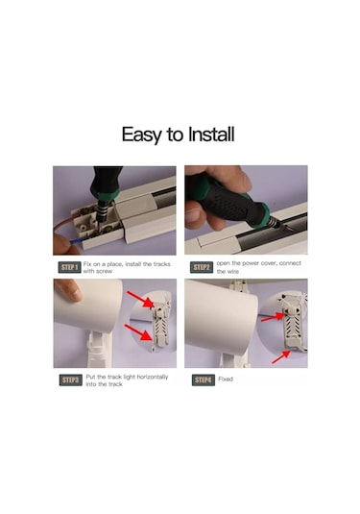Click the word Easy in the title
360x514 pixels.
[145, 134]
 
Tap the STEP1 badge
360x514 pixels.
[69, 267]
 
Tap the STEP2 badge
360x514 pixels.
[202, 267]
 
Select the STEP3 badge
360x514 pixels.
[71, 380]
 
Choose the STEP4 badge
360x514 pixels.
[203, 380]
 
